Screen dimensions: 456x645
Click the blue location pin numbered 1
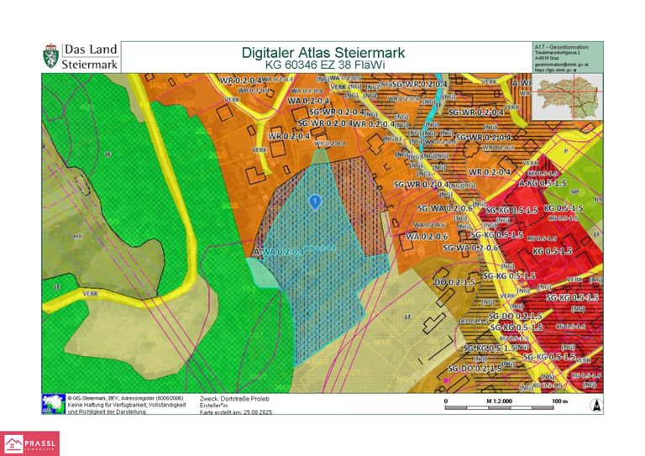314,202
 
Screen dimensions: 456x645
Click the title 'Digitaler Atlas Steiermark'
323,52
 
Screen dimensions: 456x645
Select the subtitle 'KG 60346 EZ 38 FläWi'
323,65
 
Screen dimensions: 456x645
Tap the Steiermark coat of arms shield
50,57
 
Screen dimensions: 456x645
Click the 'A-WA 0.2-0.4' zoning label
277,251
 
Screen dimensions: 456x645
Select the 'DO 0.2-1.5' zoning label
454,282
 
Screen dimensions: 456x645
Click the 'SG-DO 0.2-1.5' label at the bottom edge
475,368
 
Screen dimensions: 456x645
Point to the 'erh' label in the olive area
78,236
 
